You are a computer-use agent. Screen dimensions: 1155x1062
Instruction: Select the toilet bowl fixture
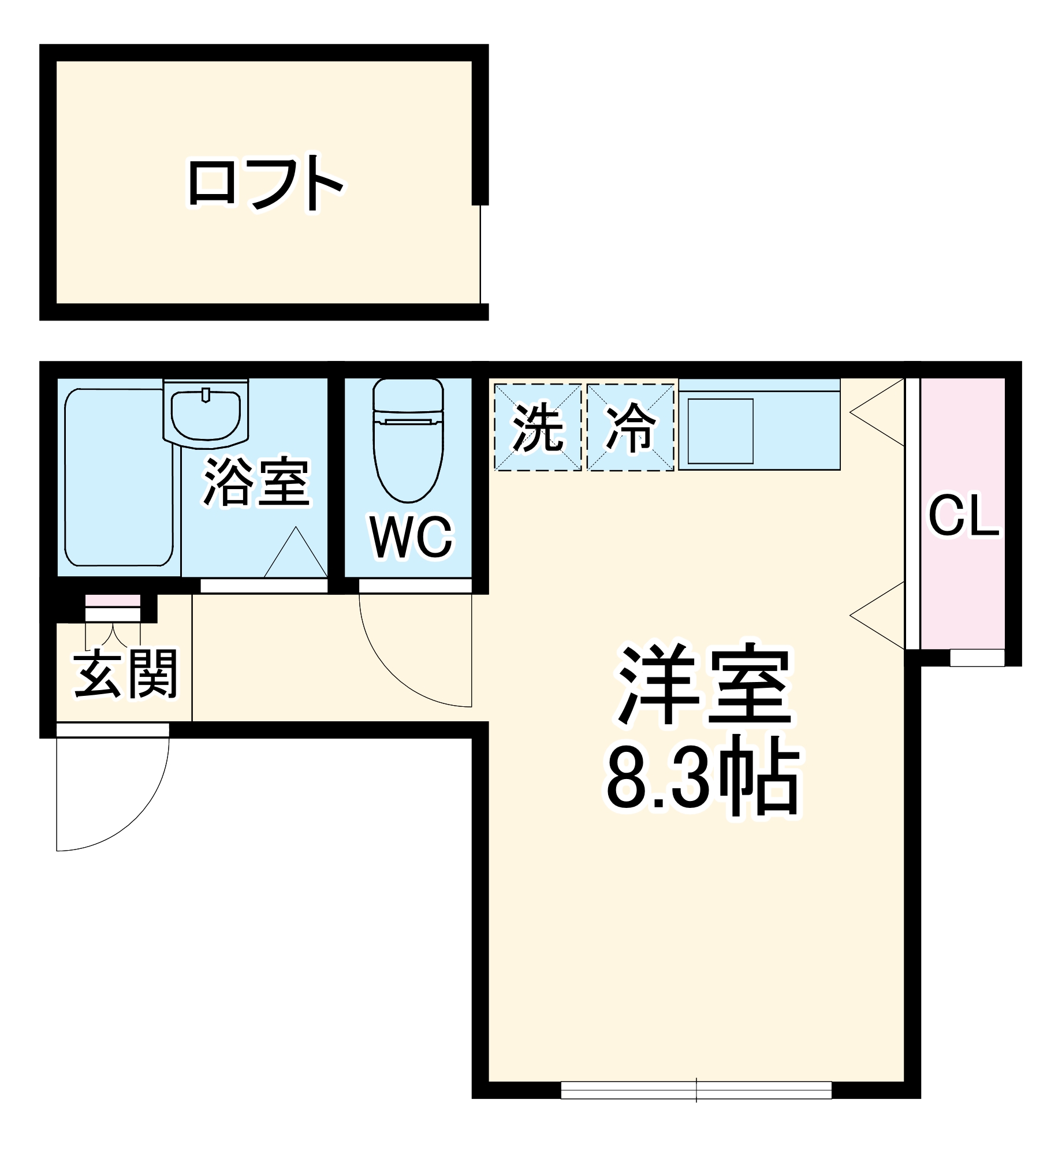pyautogui.click(x=408, y=442)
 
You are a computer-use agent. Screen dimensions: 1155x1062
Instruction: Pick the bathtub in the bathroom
pyautogui.click(x=119, y=477)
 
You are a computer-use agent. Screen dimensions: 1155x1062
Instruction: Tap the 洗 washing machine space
pyautogui.click(x=538, y=427)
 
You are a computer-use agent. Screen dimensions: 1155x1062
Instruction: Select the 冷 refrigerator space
pyautogui.click(x=631, y=427)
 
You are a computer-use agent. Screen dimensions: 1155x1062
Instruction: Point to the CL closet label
pyautogui.click(x=963, y=515)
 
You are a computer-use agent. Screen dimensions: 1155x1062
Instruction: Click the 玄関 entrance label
pyautogui.click(x=126, y=674)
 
